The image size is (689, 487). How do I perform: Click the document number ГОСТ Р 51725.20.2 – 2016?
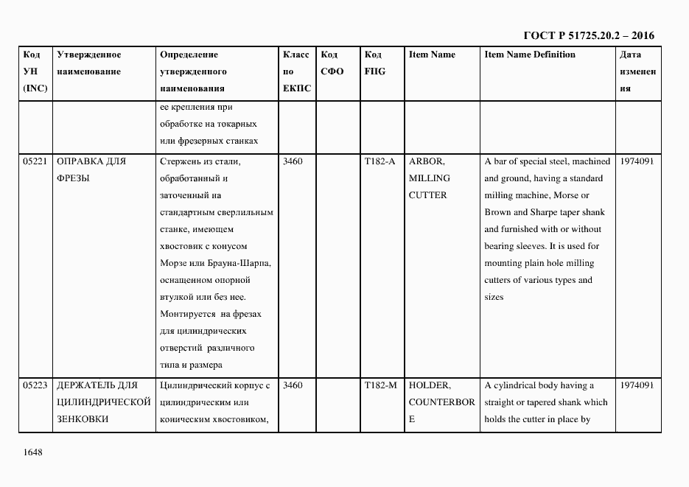(x=589, y=35)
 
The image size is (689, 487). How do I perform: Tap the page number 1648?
(x=32, y=452)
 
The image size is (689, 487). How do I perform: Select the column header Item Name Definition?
(x=530, y=55)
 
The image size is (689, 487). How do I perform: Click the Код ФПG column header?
(x=374, y=63)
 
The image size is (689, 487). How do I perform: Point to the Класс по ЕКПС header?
(x=296, y=71)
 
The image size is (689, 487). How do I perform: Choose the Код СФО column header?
(x=332, y=63)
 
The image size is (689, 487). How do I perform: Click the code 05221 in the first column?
(x=35, y=161)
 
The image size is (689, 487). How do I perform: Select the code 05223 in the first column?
(x=35, y=385)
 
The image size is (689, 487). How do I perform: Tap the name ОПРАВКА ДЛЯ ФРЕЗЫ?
(x=91, y=169)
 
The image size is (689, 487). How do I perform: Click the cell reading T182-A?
(x=380, y=161)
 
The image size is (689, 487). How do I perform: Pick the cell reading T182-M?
(x=380, y=385)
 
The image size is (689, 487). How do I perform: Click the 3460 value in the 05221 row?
(x=293, y=161)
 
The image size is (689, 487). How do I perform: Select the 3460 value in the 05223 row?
(x=293, y=385)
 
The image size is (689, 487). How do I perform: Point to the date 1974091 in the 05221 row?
(x=637, y=161)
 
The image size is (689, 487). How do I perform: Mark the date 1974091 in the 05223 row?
(x=637, y=385)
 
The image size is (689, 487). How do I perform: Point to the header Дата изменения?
(x=637, y=71)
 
